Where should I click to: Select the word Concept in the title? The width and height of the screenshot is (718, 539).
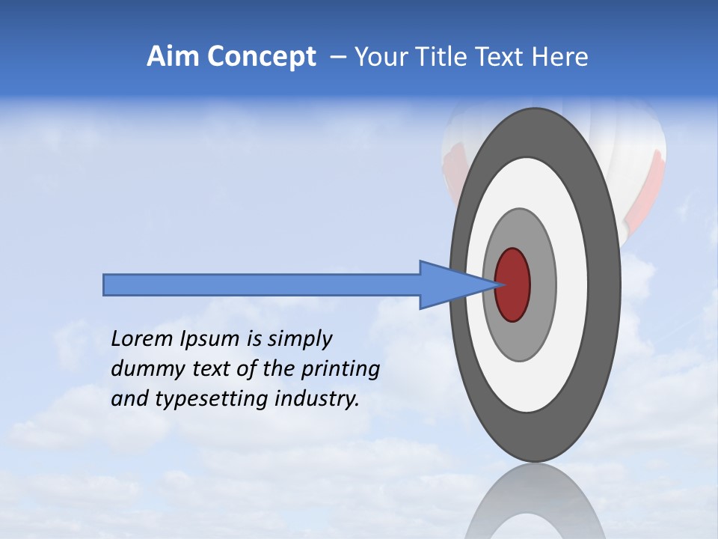pyautogui.click(x=262, y=57)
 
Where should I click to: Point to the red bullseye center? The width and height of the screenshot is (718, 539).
pyautogui.click(x=513, y=284)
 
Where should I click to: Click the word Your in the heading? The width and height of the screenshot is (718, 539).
pyautogui.click(x=378, y=57)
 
